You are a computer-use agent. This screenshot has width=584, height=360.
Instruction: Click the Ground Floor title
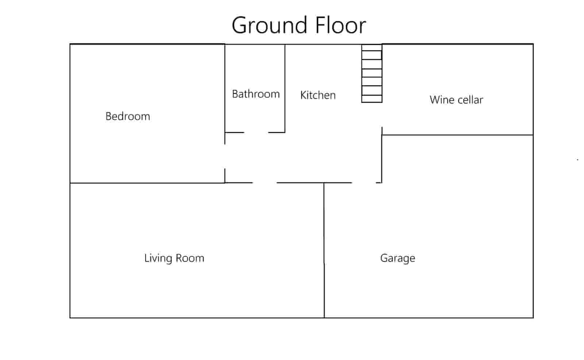pyautogui.click(x=299, y=25)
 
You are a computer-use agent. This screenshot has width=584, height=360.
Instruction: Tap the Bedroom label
pyautogui.click(x=128, y=116)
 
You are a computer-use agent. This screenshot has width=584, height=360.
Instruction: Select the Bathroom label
pyautogui.click(x=256, y=94)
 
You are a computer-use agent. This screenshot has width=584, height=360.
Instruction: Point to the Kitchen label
pyautogui.click(x=318, y=95)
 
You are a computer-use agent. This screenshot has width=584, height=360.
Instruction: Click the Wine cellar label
pyautogui.click(x=456, y=100)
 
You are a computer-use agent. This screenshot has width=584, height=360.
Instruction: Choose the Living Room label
pyautogui.click(x=174, y=258)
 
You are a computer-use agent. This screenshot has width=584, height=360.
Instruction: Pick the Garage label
pyautogui.click(x=397, y=258)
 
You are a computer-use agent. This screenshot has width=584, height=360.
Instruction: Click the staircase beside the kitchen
pyautogui.click(x=372, y=73)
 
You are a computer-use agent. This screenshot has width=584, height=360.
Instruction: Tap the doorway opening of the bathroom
pyautogui.click(x=256, y=133)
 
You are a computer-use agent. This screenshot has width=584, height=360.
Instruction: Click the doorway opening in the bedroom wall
pyautogui.click(x=225, y=157)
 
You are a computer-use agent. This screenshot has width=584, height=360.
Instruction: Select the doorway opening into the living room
pyautogui.click(x=265, y=183)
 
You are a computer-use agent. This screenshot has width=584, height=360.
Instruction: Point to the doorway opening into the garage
pyautogui.click(x=364, y=183)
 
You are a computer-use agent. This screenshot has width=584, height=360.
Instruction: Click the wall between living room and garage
pyautogui.click(x=324, y=250)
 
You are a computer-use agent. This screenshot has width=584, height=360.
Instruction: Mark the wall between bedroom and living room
pyautogui.click(x=147, y=183)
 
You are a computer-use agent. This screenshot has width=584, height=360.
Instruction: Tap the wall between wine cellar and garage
pyautogui.click(x=458, y=135)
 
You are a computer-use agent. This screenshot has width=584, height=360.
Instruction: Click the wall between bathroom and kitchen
pyautogui.click(x=285, y=88)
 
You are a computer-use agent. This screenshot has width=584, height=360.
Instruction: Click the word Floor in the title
pyautogui.click(x=341, y=25)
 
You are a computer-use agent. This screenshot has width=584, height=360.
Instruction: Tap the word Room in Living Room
pyautogui.click(x=190, y=258)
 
